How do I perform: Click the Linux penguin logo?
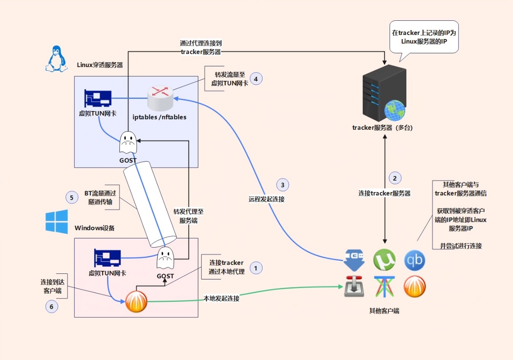point(56,59)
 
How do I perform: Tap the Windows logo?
point(57,222)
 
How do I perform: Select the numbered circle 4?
point(256,79)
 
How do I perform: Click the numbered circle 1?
point(256,268)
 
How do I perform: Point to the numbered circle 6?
point(52,307)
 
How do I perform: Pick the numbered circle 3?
point(283,185)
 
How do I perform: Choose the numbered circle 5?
point(72,198)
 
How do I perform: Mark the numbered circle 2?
point(395,178)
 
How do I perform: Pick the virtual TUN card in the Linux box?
point(98,98)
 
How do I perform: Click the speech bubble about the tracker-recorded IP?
point(423,37)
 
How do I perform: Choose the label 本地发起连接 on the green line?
point(221,298)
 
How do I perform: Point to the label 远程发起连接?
point(267,199)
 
